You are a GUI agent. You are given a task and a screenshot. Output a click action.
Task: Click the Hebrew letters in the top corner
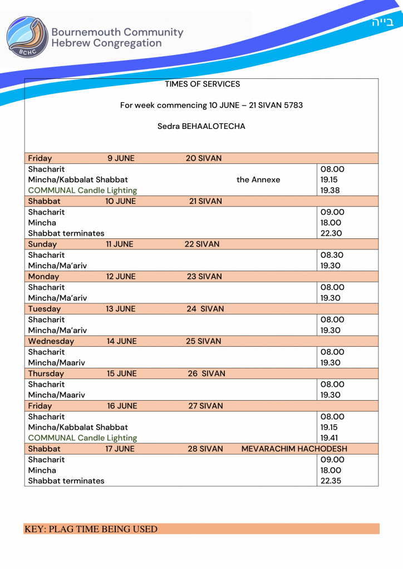(x=382, y=22)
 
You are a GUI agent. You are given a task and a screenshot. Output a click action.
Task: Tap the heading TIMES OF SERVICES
(x=203, y=84)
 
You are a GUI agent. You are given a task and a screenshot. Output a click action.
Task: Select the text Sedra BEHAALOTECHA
(x=202, y=126)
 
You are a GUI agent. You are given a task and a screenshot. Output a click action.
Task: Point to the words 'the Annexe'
(x=258, y=179)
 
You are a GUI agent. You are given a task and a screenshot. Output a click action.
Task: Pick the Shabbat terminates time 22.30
(x=331, y=233)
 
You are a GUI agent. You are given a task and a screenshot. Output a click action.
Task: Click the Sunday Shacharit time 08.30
(x=332, y=255)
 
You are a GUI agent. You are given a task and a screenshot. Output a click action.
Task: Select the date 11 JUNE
(x=120, y=244)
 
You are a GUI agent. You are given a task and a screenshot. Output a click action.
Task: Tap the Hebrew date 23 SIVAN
(x=204, y=277)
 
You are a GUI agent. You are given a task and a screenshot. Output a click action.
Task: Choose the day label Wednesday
(x=51, y=341)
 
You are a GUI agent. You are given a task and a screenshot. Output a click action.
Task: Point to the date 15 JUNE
(x=121, y=373)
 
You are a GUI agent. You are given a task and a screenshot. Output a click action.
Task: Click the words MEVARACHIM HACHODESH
(x=294, y=449)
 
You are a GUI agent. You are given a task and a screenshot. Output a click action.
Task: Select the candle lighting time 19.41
(x=329, y=438)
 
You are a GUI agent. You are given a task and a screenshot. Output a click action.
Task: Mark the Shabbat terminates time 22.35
(x=331, y=481)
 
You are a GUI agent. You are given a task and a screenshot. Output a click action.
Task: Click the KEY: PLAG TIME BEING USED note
(x=91, y=529)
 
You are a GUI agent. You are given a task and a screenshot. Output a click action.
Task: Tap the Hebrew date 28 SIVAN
(x=205, y=449)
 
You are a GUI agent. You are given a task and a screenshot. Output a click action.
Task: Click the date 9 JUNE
(x=121, y=158)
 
